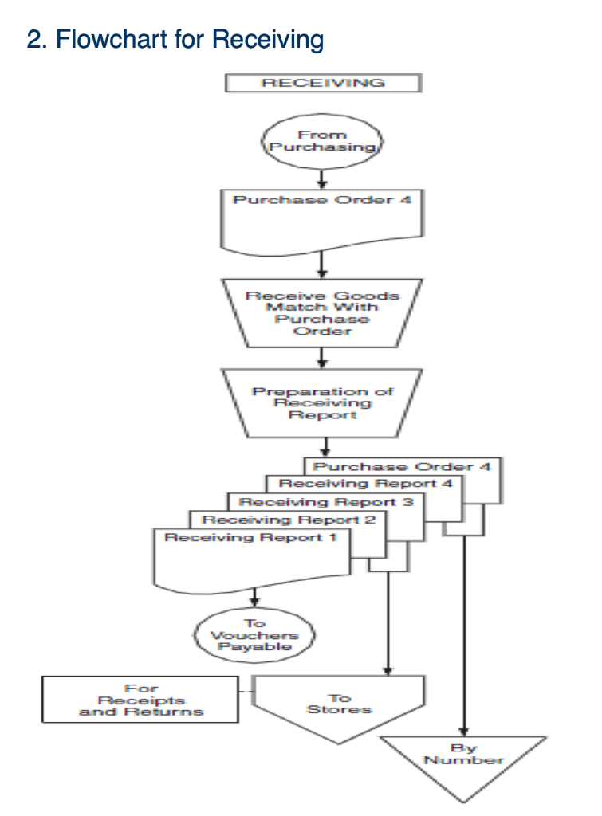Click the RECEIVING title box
[322, 83]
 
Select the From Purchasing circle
[321, 142]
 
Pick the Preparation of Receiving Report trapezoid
[322, 403]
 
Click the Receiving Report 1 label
[250, 538]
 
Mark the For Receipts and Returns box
[140, 699]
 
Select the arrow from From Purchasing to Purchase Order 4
[321, 178]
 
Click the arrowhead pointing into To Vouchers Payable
[255, 601]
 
